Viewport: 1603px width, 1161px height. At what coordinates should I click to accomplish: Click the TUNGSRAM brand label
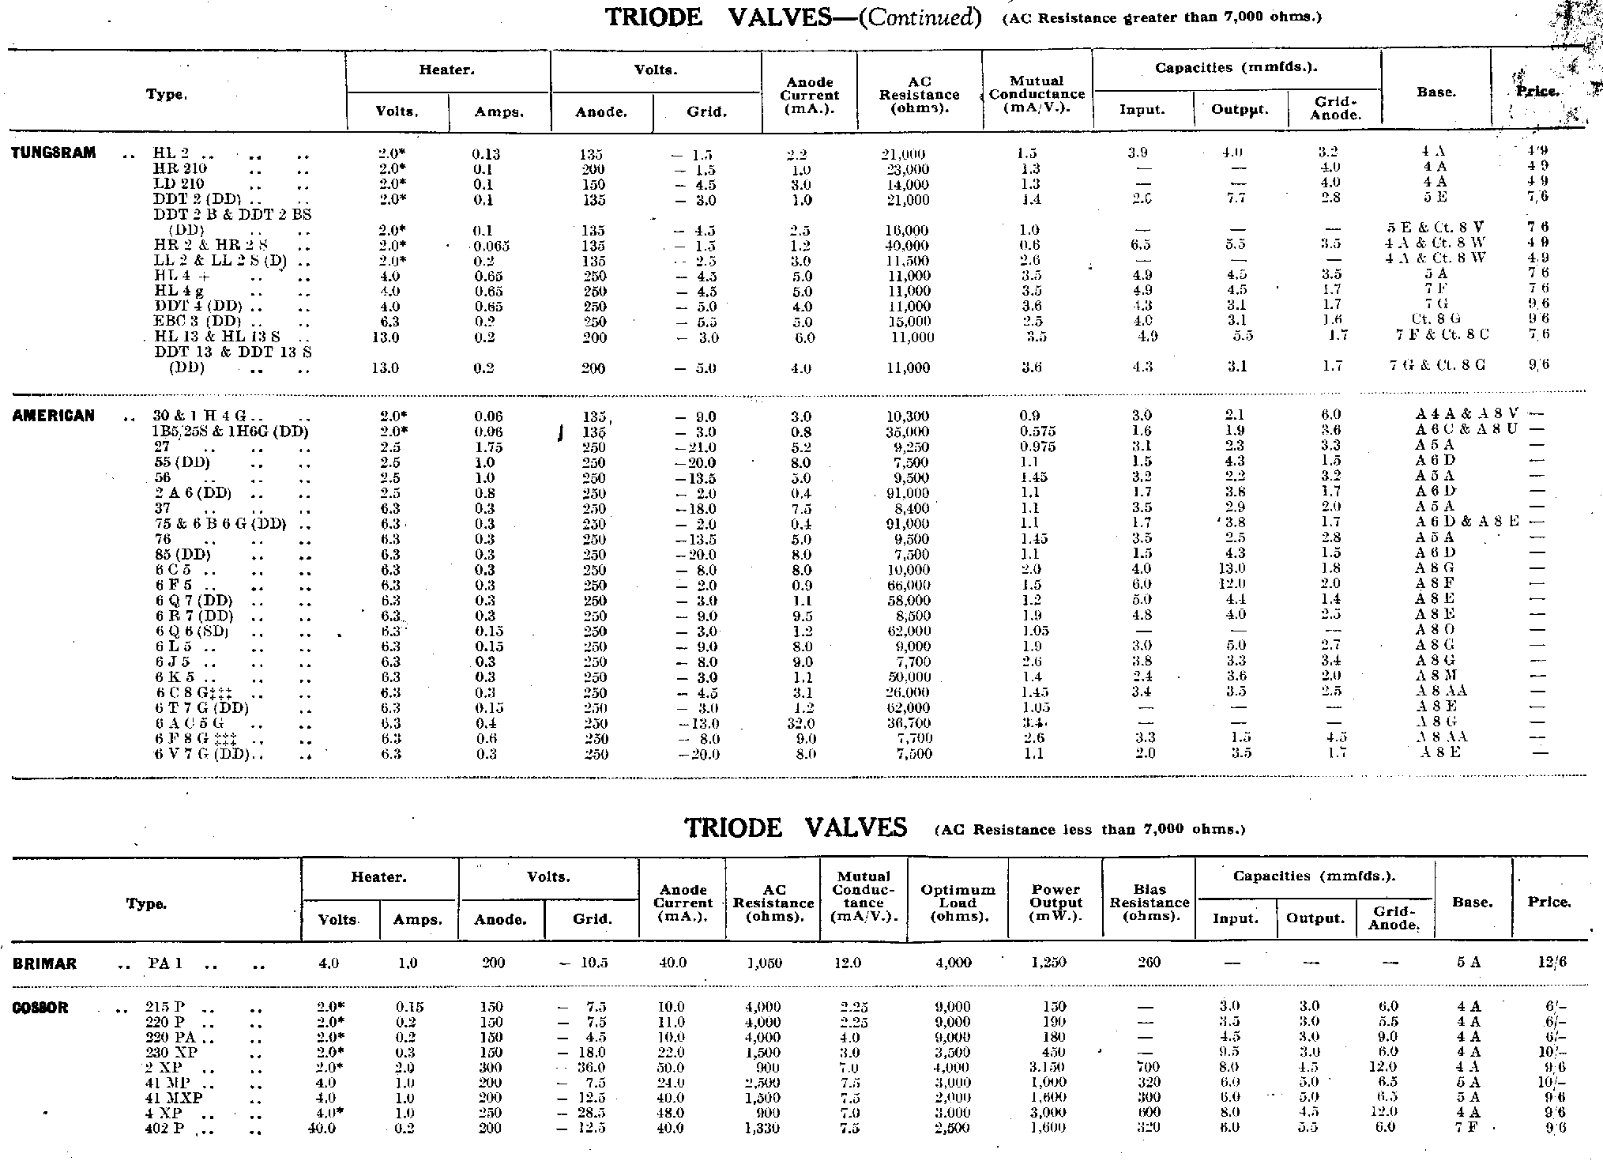click(54, 153)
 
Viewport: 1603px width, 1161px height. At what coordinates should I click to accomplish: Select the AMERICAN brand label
click(53, 417)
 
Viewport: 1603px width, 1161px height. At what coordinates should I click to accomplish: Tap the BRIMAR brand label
click(45, 963)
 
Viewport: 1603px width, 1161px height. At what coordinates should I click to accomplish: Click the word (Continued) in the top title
click(920, 17)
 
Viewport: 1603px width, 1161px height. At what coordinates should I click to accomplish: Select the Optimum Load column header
click(958, 903)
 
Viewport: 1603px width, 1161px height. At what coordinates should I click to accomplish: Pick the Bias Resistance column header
click(1149, 902)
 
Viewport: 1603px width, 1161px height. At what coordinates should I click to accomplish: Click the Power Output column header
click(1055, 902)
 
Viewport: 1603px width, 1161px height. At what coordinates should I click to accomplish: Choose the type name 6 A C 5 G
click(190, 724)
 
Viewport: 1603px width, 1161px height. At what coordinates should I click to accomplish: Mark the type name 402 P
click(165, 1129)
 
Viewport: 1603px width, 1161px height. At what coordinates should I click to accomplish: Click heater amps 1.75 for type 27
click(489, 447)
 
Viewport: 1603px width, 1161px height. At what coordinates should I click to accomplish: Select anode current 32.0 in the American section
click(801, 724)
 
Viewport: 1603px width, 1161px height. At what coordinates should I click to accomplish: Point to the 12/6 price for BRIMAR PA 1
click(1548, 963)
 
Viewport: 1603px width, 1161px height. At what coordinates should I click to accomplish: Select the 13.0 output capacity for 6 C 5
click(1236, 570)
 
